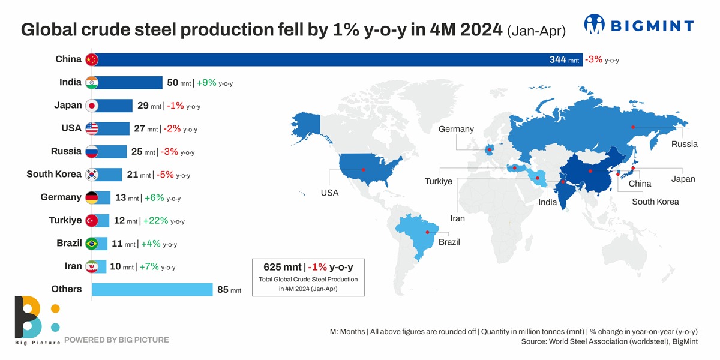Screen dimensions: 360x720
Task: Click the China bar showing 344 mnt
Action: coord(336,59)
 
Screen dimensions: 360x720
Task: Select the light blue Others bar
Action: coord(152,290)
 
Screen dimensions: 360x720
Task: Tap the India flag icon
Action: coord(91,83)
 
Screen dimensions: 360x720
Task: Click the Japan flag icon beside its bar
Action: coord(91,106)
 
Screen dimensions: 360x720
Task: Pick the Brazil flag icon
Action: coord(91,244)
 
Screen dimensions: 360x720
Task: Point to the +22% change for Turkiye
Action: coord(155,221)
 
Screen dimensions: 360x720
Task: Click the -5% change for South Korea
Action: coord(165,175)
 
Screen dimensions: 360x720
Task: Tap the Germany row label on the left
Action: coord(61,197)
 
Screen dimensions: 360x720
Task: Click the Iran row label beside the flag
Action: coord(73,266)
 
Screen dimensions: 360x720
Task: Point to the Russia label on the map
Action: coord(684,144)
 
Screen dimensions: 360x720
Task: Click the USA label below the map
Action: coord(329,193)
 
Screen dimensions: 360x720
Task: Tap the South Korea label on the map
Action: coord(655,202)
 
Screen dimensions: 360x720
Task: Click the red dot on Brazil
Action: coord(427,232)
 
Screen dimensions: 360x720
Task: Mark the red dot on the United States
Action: coord(363,169)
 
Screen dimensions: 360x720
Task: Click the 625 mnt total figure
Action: coord(283,267)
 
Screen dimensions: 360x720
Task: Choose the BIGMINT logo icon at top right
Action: coord(595,25)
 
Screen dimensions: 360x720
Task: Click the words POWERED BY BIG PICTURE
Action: coord(116,340)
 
